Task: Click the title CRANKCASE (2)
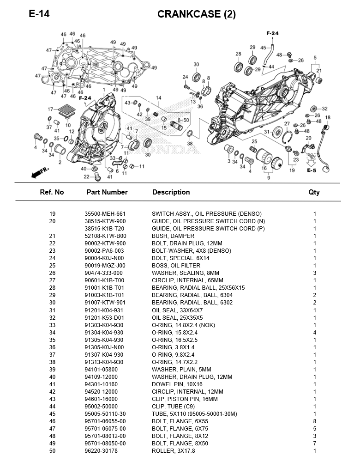tap(197, 14)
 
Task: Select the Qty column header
tap(314, 192)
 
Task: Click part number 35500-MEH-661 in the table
tap(105, 214)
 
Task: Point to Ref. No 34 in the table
tap(52, 332)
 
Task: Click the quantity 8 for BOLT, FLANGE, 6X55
tap(314, 421)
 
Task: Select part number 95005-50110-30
tap(105, 413)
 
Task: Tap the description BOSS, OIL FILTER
tap(176, 266)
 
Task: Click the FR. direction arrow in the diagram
tap(40, 173)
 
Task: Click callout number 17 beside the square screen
tap(50, 109)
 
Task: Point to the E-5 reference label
tap(312, 170)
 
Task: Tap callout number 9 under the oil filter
tap(269, 177)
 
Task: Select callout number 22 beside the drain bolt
tap(86, 176)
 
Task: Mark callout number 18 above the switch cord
tap(328, 118)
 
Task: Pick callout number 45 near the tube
tap(263, 48)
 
